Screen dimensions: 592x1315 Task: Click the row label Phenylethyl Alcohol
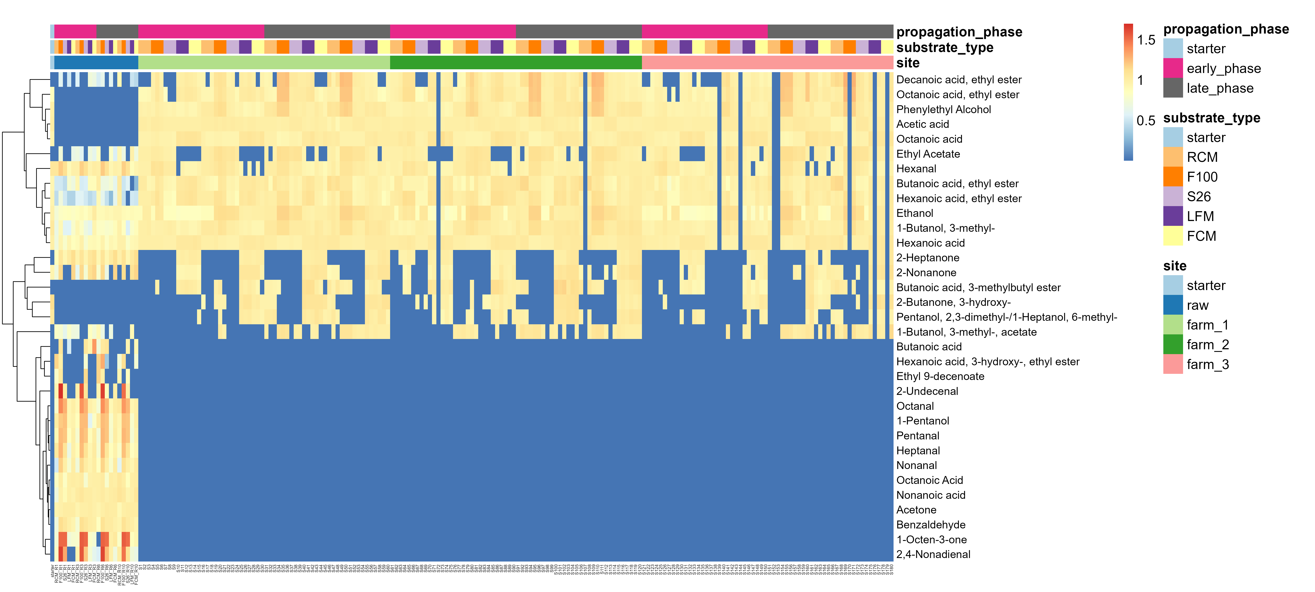(x=943, y=109)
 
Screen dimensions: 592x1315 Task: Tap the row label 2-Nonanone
(x=926, y=272)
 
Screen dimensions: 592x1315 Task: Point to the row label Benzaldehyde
(x=931, y=524)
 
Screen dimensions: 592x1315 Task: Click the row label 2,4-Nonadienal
(x=933, y=554)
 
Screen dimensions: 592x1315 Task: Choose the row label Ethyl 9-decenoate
(x=940, y=376)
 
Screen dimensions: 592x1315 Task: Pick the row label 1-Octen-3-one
(x=931, y=539)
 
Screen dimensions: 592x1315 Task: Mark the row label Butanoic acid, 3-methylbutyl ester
(x=978, y=287)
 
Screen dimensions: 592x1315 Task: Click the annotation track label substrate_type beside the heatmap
(x=944, y=48)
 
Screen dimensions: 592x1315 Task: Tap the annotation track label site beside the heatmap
(x=908, y=63)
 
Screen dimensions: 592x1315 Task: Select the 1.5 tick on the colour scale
(x=1146, y=40)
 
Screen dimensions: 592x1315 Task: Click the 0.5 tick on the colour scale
(x=1146, y=121)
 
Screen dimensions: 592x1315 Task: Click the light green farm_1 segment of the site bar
(x=264, y=62)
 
